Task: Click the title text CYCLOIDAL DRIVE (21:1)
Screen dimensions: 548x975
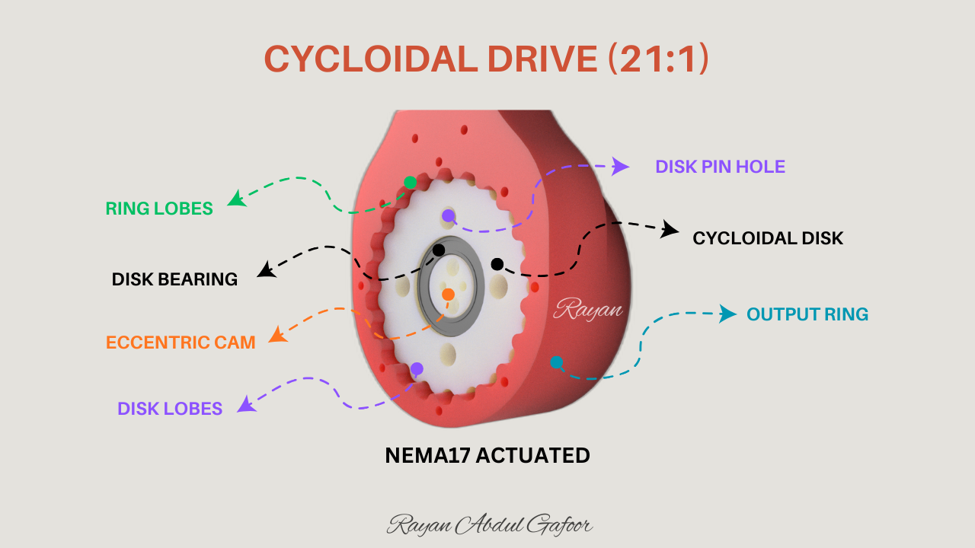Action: pyautogui.click(x=486, y=59)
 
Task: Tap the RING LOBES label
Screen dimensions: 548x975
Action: pyautogui.click(x=159, y=208)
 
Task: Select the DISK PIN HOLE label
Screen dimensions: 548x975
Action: pyautogui.click(x=720, y=166)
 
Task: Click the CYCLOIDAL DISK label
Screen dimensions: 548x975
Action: pyautogui.click(x=768, y=238)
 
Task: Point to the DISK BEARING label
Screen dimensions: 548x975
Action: pyautogui.click(x=174, y=279)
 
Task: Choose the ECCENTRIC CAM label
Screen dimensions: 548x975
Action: pyautogui.click(x=181, y=342)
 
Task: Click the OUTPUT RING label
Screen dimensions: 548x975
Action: pyautogui.click(x=807, y=314)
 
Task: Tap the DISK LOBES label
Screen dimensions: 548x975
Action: pyautogui.click(x=170, y=409)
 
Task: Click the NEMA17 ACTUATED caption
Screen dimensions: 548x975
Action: pyautogui.click(x=487, y=455)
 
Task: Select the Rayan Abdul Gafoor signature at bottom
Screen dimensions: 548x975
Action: pyautogui.click(x=490, y=524)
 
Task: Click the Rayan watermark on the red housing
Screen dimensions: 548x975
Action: pyautogui.click(x=588, y=309)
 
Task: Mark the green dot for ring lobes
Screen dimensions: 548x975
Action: pyautogui.click(x=410, y=182)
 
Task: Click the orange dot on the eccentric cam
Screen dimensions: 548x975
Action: pyautogui.click(x=448, y=294)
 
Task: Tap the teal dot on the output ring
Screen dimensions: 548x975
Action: pyautogui.click(x=557, y=362)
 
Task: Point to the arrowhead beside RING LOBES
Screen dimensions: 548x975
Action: pyautogui.click(x=237, y=199)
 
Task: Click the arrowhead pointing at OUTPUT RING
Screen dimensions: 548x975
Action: pyautogui.click(x=729, y=313)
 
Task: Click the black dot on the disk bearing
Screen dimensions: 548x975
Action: pyautogui.click(x=439, y=250)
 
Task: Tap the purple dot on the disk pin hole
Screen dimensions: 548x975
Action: pyautogui.click(x=448, y=216)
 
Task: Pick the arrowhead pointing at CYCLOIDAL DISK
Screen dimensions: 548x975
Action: pyautogui.click(x=670, y=229)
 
